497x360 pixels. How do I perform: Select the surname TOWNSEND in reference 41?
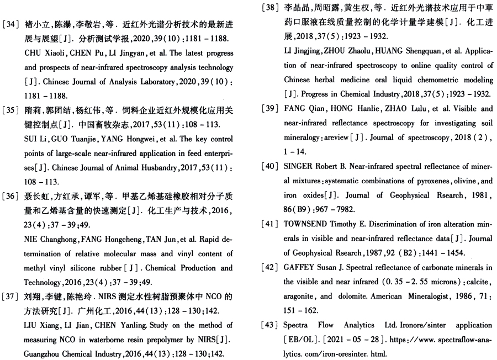point(309,224)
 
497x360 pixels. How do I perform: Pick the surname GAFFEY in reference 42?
point(302,267)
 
